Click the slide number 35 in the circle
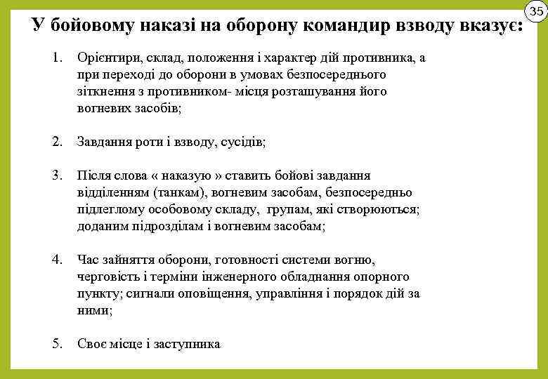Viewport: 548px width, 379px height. (x=536, y=11)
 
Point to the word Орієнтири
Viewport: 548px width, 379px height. (x=105, y=58)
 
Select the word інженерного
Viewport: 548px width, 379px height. (x=239, y=277)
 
